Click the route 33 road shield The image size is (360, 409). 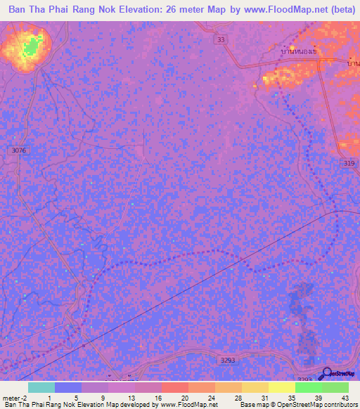[x=221, y=40]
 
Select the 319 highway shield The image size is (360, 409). [x=348, y=163]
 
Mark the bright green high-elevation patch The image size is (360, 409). [x=30, y=48]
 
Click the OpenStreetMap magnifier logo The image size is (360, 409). [x=325, y=374]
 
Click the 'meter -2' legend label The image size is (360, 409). [x=13, y=398]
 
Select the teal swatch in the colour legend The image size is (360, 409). [x=41, y=387]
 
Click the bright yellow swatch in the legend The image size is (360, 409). [x=281, y=387]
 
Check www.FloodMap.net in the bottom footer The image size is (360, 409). [x=189, y=405]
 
